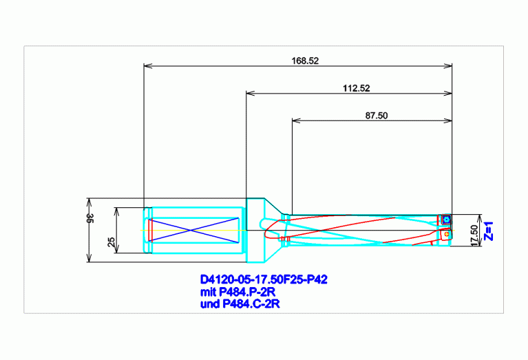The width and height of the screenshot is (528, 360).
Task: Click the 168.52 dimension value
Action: pos(305,61)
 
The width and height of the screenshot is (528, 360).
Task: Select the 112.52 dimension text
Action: pos(357,88)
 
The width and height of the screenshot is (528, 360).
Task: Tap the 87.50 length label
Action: pos(377,116)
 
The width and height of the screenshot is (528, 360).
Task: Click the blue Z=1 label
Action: pos(489,231)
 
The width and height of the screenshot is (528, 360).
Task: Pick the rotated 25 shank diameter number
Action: pos(112,242)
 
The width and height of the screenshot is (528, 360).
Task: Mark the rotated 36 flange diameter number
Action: pos(90,218)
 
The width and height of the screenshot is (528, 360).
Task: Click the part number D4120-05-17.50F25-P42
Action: pos(264,279)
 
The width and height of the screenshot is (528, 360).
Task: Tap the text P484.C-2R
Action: pos(251,304)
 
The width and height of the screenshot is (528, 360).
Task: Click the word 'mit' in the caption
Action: pos(208,292)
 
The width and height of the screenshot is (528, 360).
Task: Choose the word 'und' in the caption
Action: pos(210,304)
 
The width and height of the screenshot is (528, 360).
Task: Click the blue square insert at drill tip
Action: pos(447,220)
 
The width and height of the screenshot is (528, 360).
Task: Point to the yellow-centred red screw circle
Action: pos(447,234)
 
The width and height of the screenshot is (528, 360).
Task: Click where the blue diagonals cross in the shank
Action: pos(191,231)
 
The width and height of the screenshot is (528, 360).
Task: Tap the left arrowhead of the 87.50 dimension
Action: pos(295,120)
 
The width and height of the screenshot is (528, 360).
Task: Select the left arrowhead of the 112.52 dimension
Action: pos(250,94)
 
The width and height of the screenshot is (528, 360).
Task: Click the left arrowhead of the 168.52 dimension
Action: pos(147,65)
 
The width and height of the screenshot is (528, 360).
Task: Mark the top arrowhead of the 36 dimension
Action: pos(89,202)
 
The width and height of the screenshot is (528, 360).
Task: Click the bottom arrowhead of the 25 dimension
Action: pos(117,249)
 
